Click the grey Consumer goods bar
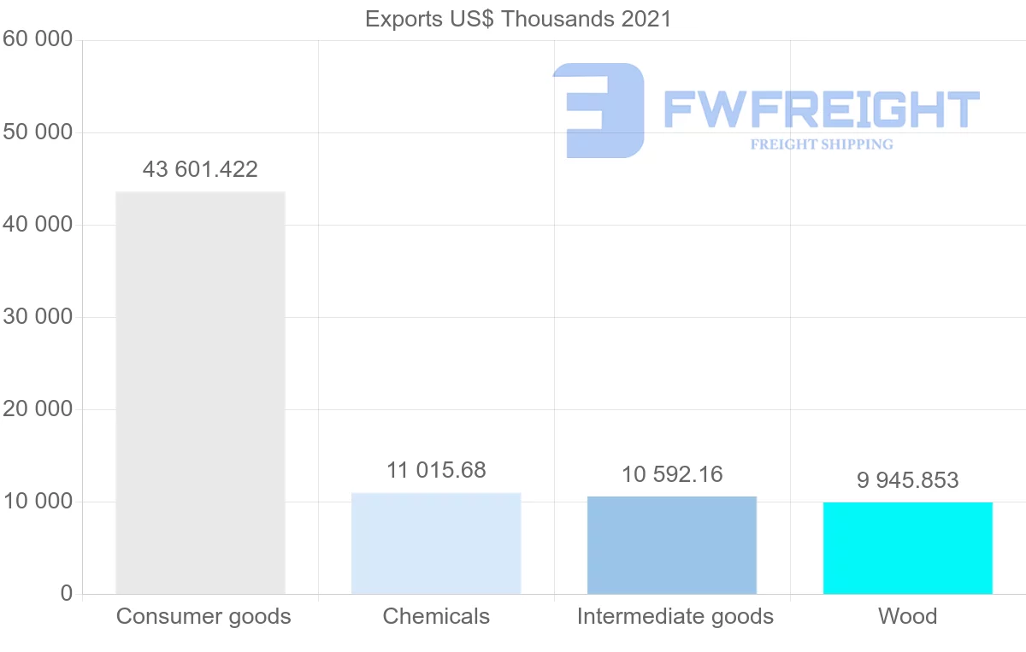click(x=200, y=393)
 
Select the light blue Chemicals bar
click(x=436, y=543)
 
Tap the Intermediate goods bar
click(x=672, y=545)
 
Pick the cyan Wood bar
click(x=907, y=548)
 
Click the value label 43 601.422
click(x=200, y=170)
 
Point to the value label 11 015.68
click(x=436, y=471)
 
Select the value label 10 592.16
click(x=672, y=474)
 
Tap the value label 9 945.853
click(x=907, y=480)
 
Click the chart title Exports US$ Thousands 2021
click(x=518, y=19)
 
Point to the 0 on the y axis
click(x=67, y=594)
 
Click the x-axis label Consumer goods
click(x=203, y=616)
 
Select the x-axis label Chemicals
click(x=436, y=616)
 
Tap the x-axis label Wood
click(x=907, y=616)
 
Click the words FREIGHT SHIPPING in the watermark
click(x=822, y=144)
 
